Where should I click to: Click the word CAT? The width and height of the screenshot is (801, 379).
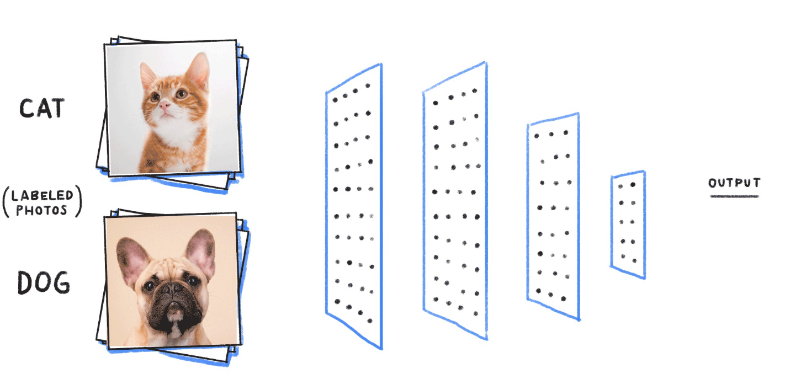pyautogui.click(x=42, y=108)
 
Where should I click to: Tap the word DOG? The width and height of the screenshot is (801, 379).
pyautogui.click(x=44, y=282)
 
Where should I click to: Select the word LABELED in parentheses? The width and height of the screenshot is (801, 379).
pyautogui.click(x=42, y=195)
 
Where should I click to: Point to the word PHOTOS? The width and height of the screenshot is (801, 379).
pyautogui.click(x=41, y=210)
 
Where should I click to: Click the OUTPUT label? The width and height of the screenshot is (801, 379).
pyautogui.click(x=734, y=183)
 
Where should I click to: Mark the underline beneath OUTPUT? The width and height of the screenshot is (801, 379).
pyautogui.click(x=735, y=196)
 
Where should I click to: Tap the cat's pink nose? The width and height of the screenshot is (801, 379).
pyautogui.click(x=165, y=105)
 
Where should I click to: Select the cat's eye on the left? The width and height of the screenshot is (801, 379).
pyautogui.click(x=155, y=97)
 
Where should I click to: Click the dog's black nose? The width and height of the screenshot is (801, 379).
pyautogui.click(x=173, y=288)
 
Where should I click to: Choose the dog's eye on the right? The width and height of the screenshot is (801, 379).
pyautogui.click(x=193, y=281)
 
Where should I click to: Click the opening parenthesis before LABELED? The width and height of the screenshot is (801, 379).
pyautogui.click(x=6, y=202)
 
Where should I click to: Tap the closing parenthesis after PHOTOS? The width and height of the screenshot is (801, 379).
pyautogui.click(x=79, y=201)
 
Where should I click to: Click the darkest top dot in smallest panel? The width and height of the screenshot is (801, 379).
pyautogui.click(x=633, y=185)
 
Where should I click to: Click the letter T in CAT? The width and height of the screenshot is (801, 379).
pyautogui.click(x=57, y=108)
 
